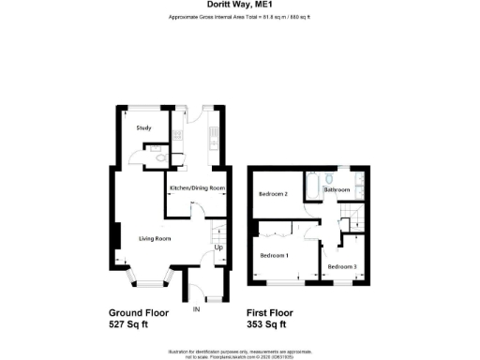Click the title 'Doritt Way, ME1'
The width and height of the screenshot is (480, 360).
tap(239, 5)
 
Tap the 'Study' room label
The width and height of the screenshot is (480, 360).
tap(144, 127)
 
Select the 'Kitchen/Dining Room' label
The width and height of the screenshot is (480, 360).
tap(197, 188)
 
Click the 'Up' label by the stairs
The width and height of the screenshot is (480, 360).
tap(218, 248)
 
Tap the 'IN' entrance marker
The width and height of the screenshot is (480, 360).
tap(197, 308)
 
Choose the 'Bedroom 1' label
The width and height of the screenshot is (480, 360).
tap(274, 255)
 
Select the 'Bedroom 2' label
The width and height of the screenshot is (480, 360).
tap(273, 194)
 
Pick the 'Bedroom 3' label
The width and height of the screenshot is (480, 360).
tap(341, 267)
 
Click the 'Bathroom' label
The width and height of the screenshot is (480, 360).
tap(337, 189)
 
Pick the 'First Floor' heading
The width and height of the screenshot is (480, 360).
tap(270, 312)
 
